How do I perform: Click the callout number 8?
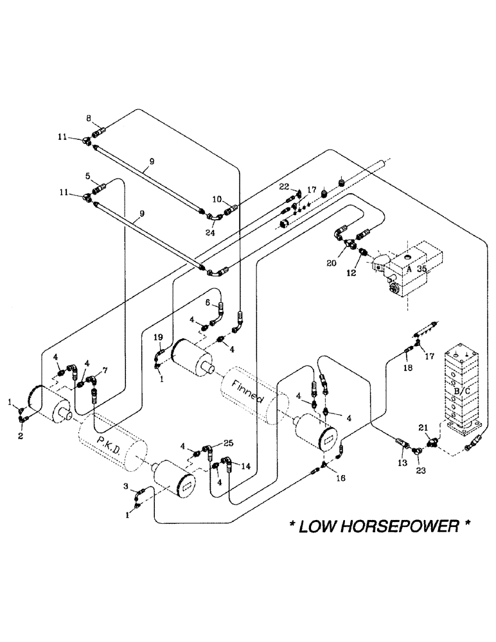tap(90, 119)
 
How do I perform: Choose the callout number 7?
tap(105, 371)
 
